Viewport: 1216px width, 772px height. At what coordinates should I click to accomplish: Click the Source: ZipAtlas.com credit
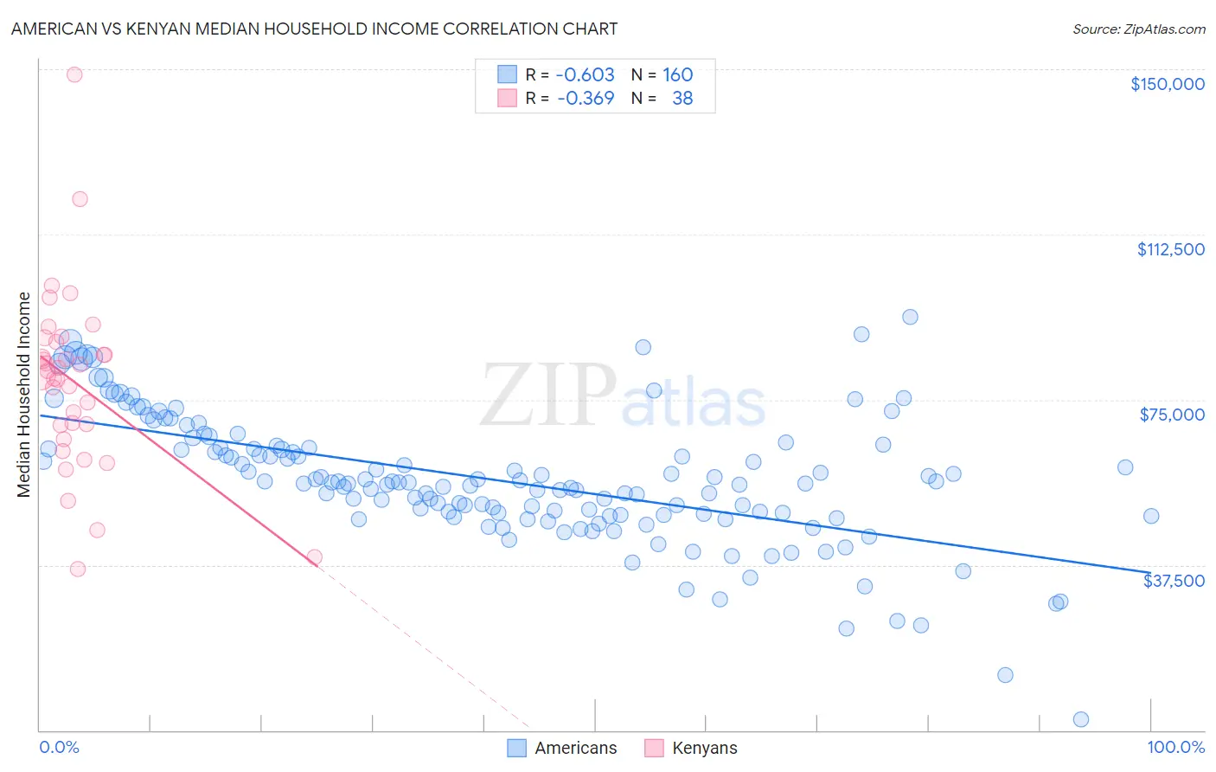tap(1138, 29)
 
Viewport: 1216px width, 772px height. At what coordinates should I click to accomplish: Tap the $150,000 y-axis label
tap(1167, 84)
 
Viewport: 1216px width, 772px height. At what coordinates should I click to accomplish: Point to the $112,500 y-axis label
tap(1170, 249)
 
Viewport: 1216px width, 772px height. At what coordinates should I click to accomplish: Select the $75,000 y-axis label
tap(1172, 415)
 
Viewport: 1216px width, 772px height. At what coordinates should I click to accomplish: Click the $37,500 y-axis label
tap(1174, 581)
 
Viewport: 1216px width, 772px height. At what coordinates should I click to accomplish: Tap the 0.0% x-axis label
tap(59, 747)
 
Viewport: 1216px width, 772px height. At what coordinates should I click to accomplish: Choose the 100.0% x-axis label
tap(1175, 747)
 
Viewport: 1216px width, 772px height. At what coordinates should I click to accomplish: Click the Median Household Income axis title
tap(24, 395)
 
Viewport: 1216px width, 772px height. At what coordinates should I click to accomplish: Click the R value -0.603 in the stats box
tap(585, 74)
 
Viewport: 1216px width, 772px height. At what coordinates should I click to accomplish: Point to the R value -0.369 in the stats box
tap(585, 98)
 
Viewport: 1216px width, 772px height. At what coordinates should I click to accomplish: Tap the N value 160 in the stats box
tap(677, 74)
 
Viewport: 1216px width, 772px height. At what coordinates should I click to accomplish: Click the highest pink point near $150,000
tap(74, 74)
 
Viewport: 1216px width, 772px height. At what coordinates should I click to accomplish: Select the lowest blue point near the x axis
tap(1080, 719)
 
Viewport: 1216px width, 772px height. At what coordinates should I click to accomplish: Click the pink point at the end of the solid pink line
tap(315, 557)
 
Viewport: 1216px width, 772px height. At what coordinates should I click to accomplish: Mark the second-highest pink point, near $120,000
tap(80, 199)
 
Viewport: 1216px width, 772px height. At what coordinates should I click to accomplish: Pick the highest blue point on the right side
tap(910, 317)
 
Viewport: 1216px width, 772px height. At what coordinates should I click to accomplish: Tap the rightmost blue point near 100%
tap(1151, 516)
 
